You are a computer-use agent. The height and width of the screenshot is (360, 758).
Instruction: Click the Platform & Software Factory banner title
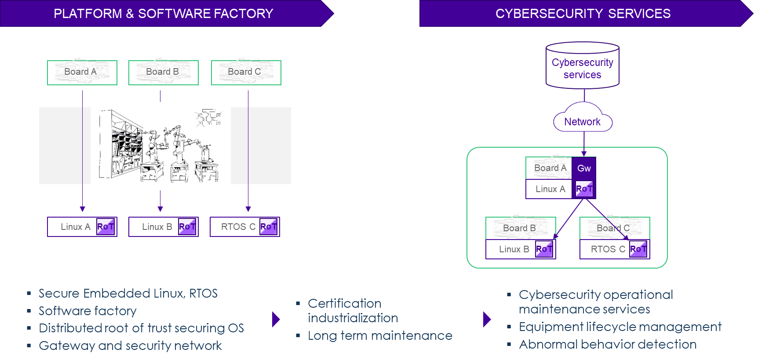tap(163, 14)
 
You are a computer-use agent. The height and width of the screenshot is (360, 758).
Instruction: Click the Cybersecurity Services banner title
tap(583, 14)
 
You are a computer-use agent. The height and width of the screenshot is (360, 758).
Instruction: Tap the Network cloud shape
tap(582, 120)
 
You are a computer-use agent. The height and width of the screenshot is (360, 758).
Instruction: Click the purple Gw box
tap(584, 168)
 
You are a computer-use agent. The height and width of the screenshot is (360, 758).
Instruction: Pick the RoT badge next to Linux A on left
tap(106, 227)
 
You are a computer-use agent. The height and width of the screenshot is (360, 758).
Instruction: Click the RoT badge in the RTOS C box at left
tap(268, 227)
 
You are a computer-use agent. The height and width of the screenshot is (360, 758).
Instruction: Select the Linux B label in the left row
tap(157, 227)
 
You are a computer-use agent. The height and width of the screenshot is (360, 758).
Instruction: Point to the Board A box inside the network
tap(550, 168)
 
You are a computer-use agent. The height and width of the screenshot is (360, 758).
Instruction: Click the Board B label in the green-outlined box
tap(519, 228)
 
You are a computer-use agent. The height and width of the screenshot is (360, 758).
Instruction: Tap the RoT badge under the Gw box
tap(584, 189)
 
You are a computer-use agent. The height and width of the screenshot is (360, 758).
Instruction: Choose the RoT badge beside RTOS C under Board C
tap(638, 249)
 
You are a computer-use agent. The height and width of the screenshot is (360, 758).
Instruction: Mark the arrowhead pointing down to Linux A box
tap(82, 209)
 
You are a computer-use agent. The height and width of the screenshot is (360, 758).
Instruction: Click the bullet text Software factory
tap(87, 311)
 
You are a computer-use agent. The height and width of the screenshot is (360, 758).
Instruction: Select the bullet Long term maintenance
tap(380, 335)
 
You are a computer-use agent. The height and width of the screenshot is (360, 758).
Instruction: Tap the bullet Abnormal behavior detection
tap(608, 344)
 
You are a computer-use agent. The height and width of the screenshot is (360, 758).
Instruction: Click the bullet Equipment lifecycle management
tap(620, 327)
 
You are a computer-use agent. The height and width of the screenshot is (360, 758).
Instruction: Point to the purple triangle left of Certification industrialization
tap(276, 319)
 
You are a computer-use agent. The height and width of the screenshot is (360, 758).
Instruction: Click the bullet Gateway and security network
tap(130, 345)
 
